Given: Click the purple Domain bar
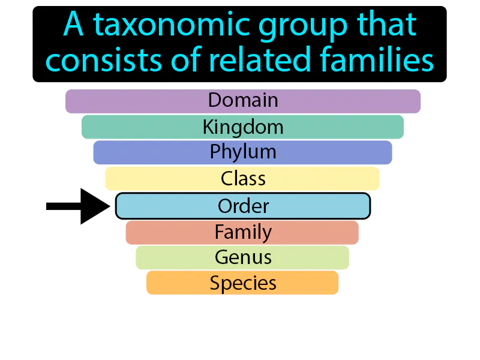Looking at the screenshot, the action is point(243,101).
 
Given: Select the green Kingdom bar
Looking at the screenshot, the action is point(242,127).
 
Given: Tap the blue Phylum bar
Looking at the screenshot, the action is point(242,152).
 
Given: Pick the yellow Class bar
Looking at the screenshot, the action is point(242,178).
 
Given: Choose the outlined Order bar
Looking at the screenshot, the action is point(243,206).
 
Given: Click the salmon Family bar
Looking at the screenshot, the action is point(242,233).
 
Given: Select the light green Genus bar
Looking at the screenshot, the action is point(242,258).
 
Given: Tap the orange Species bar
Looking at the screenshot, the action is point(242,283).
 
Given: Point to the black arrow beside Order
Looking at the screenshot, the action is point(78,206).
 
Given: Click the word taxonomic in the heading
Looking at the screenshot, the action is point(173,25).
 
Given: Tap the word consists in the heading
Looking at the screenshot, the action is point(103,60).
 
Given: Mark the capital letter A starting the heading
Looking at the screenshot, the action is point(73,24).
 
